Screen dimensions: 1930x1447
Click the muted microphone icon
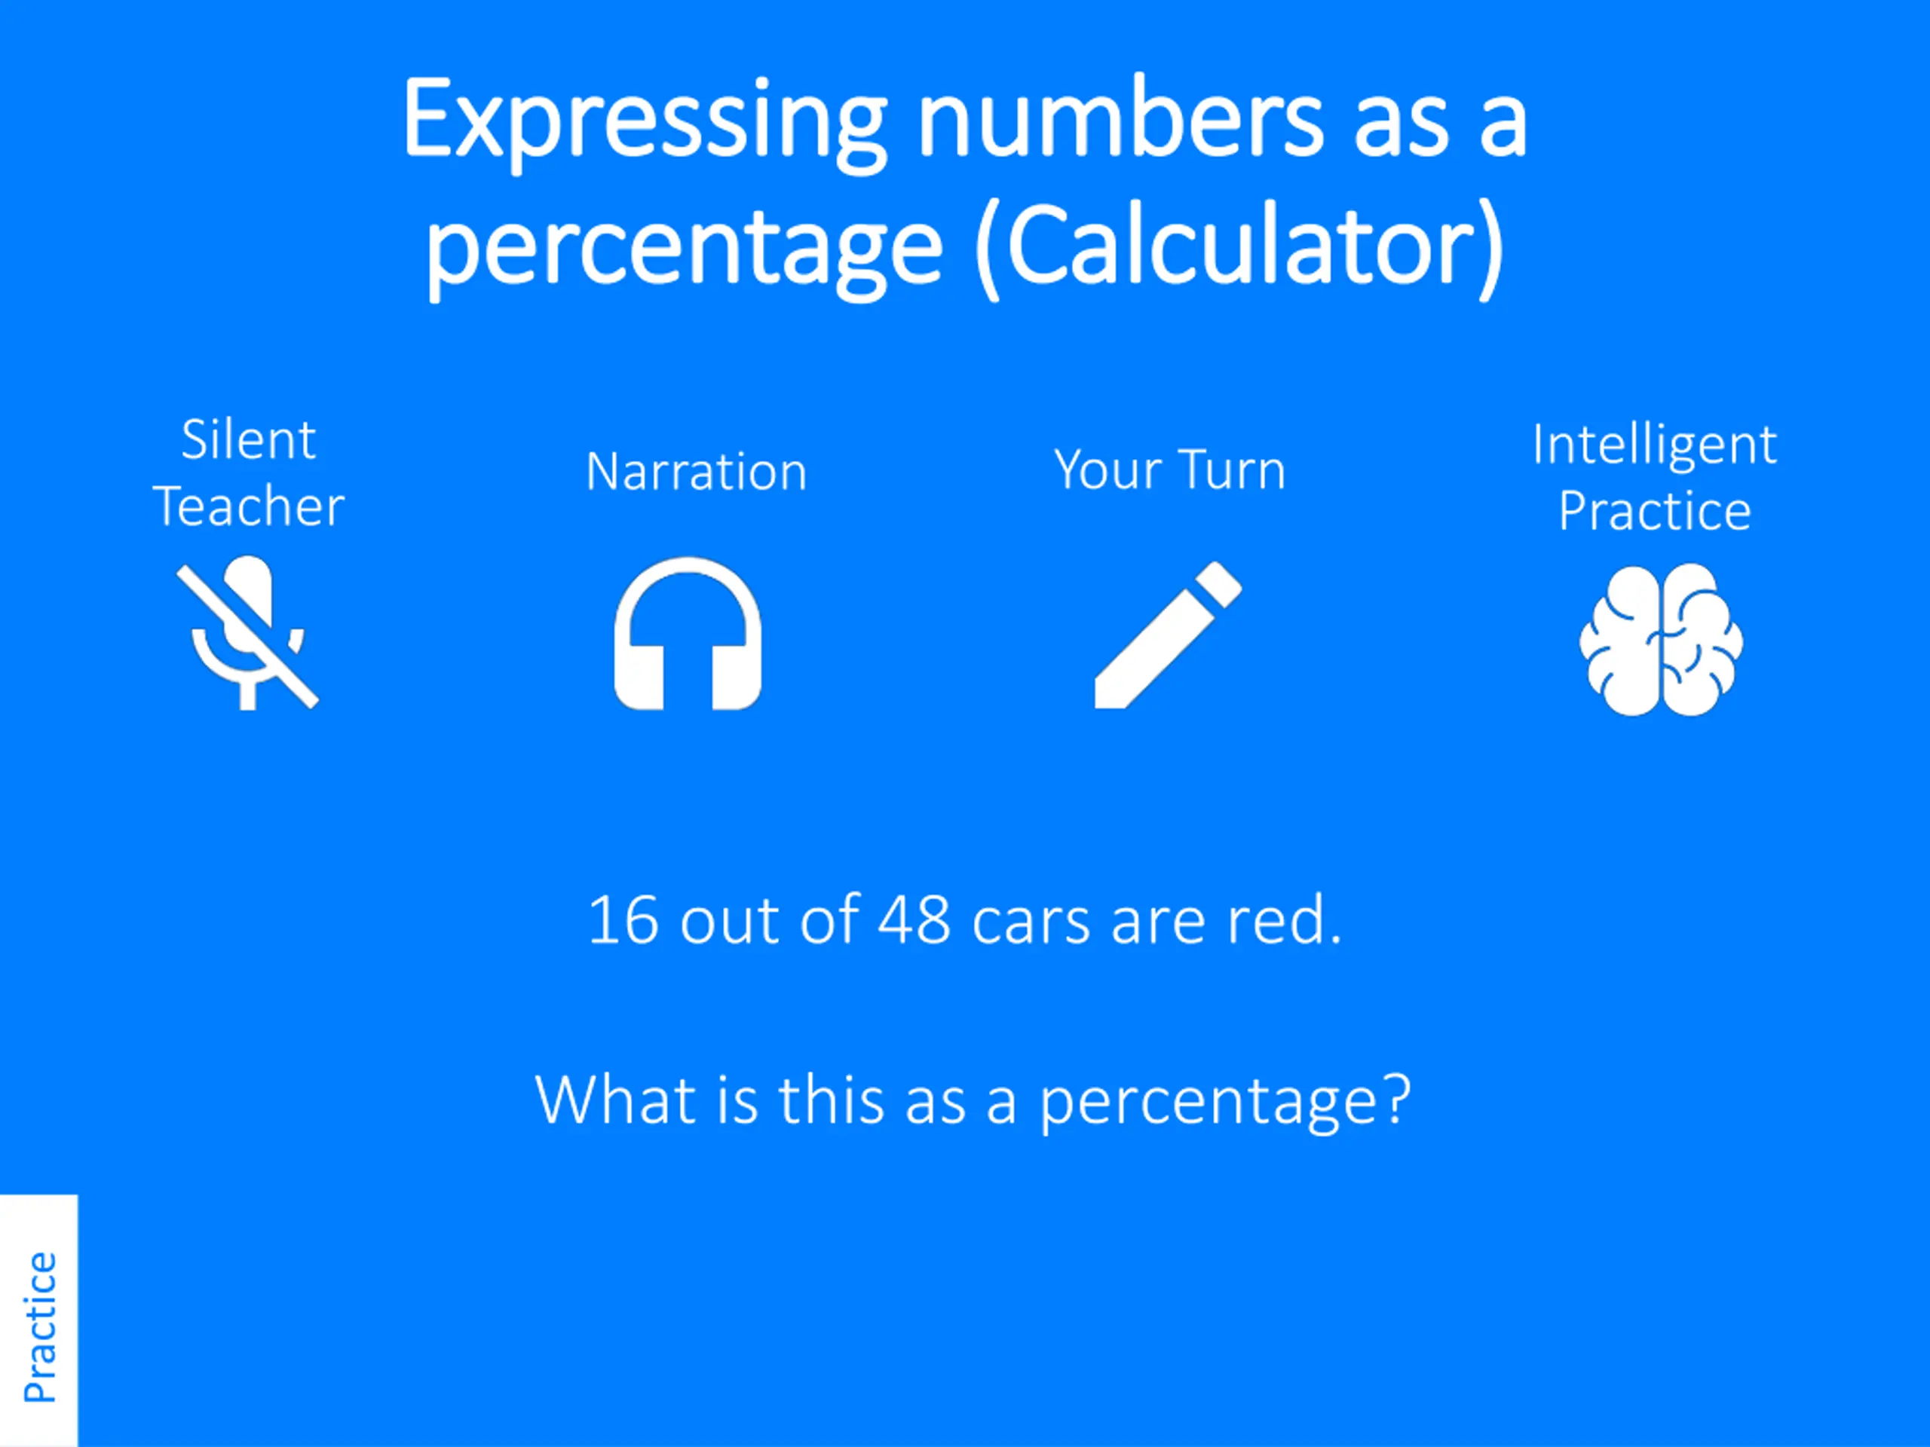click(x=248, y=632)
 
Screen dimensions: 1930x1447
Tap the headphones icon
click(x=688, y=634)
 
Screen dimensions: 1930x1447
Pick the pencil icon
click(x=1169, y=634)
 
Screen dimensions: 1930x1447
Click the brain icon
click(x=1662, y=639)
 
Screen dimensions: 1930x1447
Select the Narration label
click(x=697, y=472)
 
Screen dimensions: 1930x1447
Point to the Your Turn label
click(x=1170, y=470)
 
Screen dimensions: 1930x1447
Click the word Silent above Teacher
click(x=249, y=439)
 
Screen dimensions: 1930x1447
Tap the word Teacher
click(x=249, y=506)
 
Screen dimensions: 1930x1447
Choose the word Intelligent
click(x=1655, y=445)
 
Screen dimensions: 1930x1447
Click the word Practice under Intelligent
click(x=1655, y=510)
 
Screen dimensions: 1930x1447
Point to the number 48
click(x=914, y=920)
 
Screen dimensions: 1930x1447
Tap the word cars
click(x=1031, y=925)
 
